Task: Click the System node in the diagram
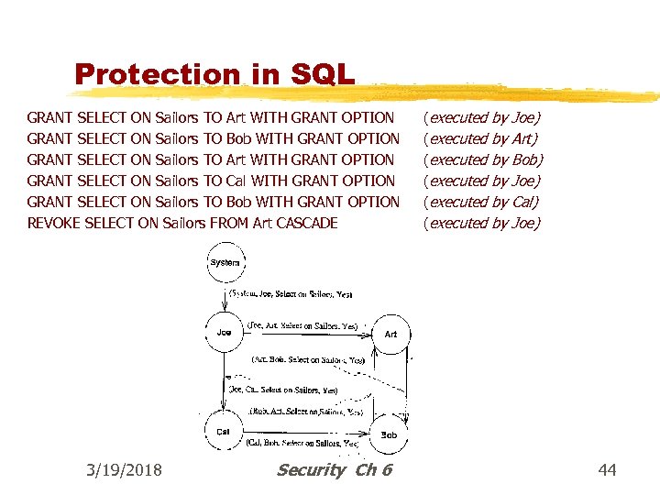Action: click(x=225, y=262)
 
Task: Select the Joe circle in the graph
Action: click(x=225, y=332)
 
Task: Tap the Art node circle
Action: click(x=390, y=334)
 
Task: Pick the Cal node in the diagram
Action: click(x=223, y=431)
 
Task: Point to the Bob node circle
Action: click(x=389, y=434)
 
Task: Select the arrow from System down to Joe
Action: click(x=225, y=297)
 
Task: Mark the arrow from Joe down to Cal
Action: click(x=225, y=380)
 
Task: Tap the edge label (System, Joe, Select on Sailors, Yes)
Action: click(x=285, y=294)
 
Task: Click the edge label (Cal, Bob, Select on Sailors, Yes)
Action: click(x=302, y=444)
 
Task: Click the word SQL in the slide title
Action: click(x=320, y=74)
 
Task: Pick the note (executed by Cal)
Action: click(x=480, y=202)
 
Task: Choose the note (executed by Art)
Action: click(x=480, y=138)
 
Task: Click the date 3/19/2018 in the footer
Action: click(x=124, y=470)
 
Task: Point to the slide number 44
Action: click(x=607, y=470)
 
